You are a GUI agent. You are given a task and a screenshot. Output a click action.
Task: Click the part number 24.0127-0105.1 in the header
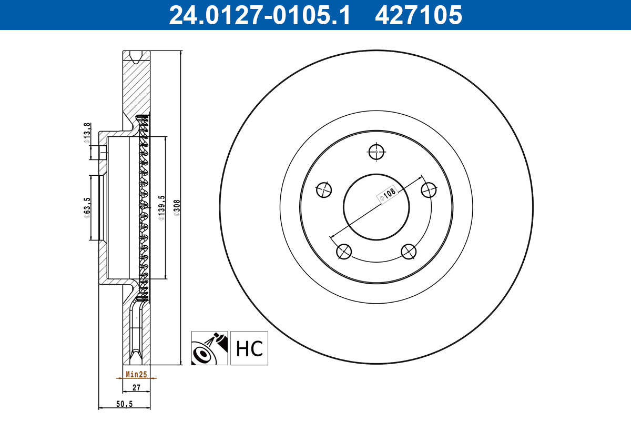pos(259,15)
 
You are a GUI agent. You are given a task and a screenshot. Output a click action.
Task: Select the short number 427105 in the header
pos(418,15)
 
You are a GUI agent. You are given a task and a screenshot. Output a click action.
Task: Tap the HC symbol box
pos(249,348)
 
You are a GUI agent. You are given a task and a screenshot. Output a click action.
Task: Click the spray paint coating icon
pos(209,348)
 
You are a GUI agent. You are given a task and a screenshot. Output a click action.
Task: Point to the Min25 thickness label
pos(136,375)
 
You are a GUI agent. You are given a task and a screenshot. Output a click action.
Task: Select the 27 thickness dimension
pos(136,388)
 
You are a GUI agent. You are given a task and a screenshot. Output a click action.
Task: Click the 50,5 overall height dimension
pos(124,404)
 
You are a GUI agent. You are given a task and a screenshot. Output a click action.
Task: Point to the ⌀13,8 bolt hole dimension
pos(87,133)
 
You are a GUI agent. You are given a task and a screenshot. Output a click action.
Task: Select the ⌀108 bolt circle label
pos(388,194)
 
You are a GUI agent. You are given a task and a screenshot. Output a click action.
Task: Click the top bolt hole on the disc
pos(376,152)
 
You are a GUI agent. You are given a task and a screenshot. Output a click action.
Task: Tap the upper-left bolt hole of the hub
pos(324,189)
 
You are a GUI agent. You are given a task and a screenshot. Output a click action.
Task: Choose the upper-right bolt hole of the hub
pos(429,189)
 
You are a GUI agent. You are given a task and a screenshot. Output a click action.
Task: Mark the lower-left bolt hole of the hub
pos(344,252)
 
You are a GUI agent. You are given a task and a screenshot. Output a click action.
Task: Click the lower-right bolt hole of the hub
pos(409,252)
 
